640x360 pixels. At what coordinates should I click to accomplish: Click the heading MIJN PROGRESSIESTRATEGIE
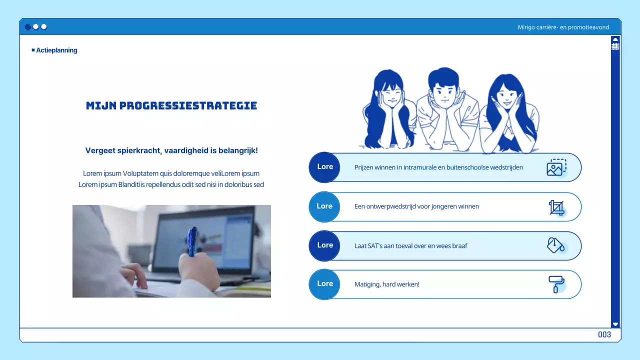tap(171, 105)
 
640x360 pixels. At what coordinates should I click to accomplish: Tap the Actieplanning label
tap(56, 50)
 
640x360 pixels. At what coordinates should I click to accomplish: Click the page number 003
tap(604, 334)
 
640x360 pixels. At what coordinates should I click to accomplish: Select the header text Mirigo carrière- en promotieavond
tap(563, 27)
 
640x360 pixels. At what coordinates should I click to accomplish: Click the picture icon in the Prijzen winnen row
tap(555, 167)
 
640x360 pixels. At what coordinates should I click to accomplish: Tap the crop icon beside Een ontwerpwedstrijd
tap(556, 207)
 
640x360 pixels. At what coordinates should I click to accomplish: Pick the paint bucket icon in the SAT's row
tap(555, 245)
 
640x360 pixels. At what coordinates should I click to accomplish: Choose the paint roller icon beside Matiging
tap(555, 284)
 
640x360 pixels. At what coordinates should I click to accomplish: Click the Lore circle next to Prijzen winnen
tap(325, 167)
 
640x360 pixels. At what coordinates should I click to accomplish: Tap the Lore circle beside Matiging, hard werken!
tap(325, 284)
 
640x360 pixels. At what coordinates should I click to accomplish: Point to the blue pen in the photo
tap(192, 240)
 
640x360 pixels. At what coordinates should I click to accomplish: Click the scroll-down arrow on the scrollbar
tap(615, 324)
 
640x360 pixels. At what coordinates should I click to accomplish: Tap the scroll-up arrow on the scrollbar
tap(615, 39)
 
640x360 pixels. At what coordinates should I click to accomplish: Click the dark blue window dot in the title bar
tap(27, 27)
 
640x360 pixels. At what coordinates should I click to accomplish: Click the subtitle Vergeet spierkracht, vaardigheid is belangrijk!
tap(171, 150)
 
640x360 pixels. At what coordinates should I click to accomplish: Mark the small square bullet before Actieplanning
tap(33, 50)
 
